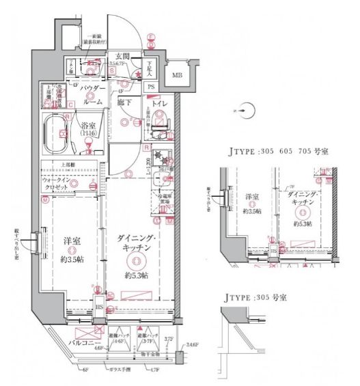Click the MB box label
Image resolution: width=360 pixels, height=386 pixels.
[x=178, y=76]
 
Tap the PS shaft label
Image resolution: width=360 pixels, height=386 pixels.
[x=152, y=87]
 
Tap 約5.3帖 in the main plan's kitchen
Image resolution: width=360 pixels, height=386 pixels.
[x=137, y=275]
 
